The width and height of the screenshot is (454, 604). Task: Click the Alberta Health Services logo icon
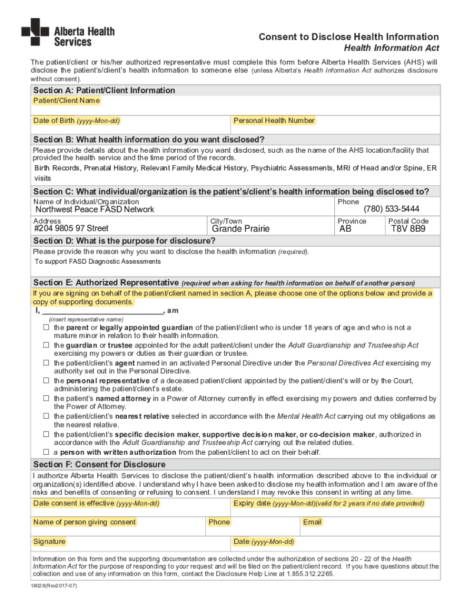(x=35, y=32)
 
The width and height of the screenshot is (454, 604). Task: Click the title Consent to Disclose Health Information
(x=348, y=37)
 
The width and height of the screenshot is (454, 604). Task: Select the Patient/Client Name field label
(x=66, y=101)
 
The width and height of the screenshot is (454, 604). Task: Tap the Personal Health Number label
(x=274, y=121)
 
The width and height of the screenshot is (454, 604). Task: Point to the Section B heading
(x=149, y=139)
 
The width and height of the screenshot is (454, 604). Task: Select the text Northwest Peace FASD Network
(x=95, y=209)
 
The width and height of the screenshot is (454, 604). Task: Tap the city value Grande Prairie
(x=241, y=229)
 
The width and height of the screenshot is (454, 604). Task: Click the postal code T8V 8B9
(x=408, y=229)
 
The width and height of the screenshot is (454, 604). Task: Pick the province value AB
(x=346, y=229)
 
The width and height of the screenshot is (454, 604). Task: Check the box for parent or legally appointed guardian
(x=45, y=327)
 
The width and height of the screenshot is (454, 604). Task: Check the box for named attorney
(x=45, y=399)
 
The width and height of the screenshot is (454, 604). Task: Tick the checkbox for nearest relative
(x=45, y=416)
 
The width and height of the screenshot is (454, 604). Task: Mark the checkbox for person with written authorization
(x=45, y=452)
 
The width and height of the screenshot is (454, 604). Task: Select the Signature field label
(x=50, y=541)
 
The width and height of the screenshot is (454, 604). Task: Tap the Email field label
(x=312, y=522)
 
